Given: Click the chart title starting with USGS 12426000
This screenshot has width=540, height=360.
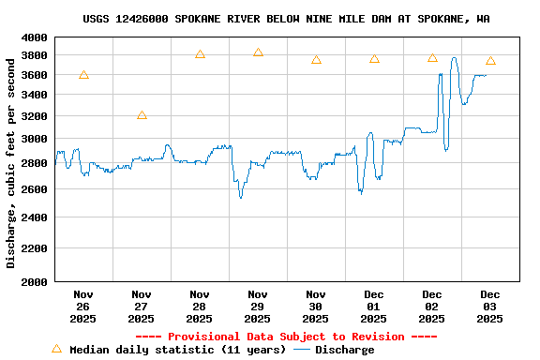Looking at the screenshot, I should (286, 19).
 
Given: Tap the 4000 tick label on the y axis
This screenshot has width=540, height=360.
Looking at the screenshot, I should (35, 37).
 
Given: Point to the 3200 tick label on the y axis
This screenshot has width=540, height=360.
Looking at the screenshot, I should (35, 116).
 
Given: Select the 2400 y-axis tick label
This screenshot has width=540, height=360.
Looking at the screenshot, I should (35, 217).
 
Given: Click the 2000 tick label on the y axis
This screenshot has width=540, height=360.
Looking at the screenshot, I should (35, 281).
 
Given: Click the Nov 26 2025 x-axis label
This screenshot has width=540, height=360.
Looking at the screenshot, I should (83, 306).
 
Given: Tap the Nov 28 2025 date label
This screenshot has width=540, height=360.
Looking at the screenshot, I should (200, 306).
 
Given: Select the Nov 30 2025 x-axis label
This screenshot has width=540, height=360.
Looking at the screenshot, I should (316, 306).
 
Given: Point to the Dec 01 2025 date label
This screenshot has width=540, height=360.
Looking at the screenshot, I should (374, 306).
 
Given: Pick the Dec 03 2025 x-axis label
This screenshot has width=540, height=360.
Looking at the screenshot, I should (490, 306).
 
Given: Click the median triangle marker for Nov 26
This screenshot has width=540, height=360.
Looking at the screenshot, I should (83, 75).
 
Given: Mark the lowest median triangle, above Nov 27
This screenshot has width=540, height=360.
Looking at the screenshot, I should (142, 115).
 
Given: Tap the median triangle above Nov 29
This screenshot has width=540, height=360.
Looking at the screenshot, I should (258, 52).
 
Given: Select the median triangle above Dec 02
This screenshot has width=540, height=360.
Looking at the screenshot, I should (432, 58).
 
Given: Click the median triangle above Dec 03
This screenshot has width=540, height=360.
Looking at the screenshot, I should (490, 61).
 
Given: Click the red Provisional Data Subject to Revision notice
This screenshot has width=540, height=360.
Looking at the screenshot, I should (286, 337).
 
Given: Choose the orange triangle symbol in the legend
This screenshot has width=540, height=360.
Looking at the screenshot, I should (56, 349).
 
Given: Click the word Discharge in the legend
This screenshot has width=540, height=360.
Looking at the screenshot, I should (344, 350).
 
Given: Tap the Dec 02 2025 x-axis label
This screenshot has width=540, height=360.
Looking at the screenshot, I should (432, 306).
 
